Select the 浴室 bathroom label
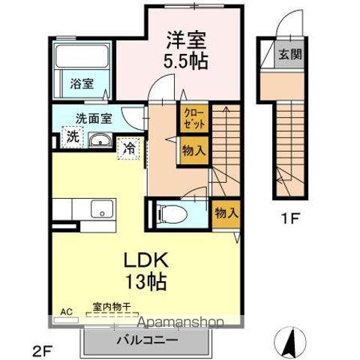(82, 84)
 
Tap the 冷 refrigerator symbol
(130, 148)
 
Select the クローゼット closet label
(193, 119)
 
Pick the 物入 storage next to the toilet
(225, 212)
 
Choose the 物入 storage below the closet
(193, 150)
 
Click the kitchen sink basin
(100, 209)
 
